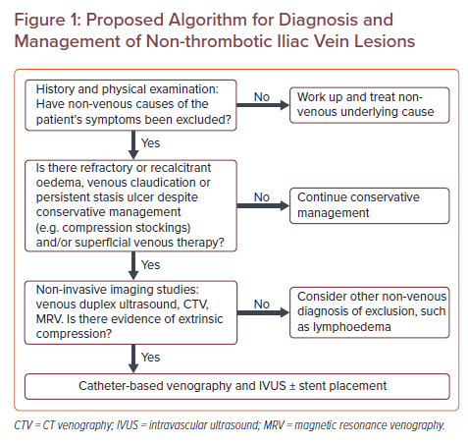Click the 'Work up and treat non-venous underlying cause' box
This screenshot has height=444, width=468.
coord(370,105)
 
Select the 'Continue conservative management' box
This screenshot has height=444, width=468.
coord(370,205)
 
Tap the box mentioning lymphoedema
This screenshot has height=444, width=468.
coord(370,312)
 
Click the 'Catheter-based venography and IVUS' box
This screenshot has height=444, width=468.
coord(237,386)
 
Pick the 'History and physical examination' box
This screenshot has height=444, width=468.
coord(130,105)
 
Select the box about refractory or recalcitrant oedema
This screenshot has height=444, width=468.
coord(130,205)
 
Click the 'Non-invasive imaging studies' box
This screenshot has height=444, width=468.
coord(130,312)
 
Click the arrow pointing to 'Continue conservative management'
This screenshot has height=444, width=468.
coord(263,205)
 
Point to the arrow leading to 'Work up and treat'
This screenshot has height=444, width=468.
coord(263,105)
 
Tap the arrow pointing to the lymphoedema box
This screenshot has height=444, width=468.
coord(263,312)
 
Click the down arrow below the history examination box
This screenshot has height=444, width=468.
coord(133,145)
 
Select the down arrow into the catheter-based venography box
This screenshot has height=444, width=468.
coord(133,359)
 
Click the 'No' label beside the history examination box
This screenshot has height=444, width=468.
coord(262,97)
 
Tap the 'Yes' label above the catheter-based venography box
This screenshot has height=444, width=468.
coord(150,357)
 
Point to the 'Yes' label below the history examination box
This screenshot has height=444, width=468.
coord(150,143)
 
